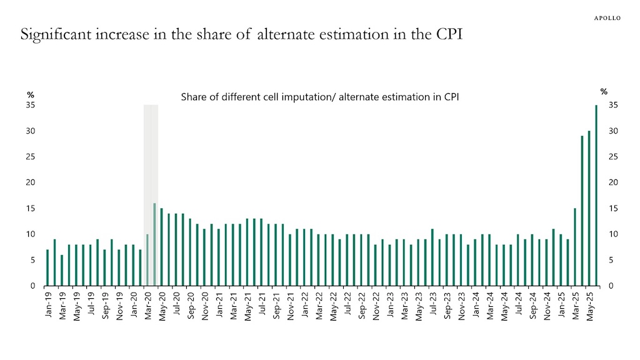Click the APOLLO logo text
tap(607, 18)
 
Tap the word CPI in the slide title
tap(446, 34)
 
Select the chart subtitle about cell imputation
tap(320, 97)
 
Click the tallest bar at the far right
tap(596, 195)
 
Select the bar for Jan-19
tap(47, 267)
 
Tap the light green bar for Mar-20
tap(147, 260)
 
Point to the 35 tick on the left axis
tap(31, 105)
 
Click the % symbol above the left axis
tap(31, 94)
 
